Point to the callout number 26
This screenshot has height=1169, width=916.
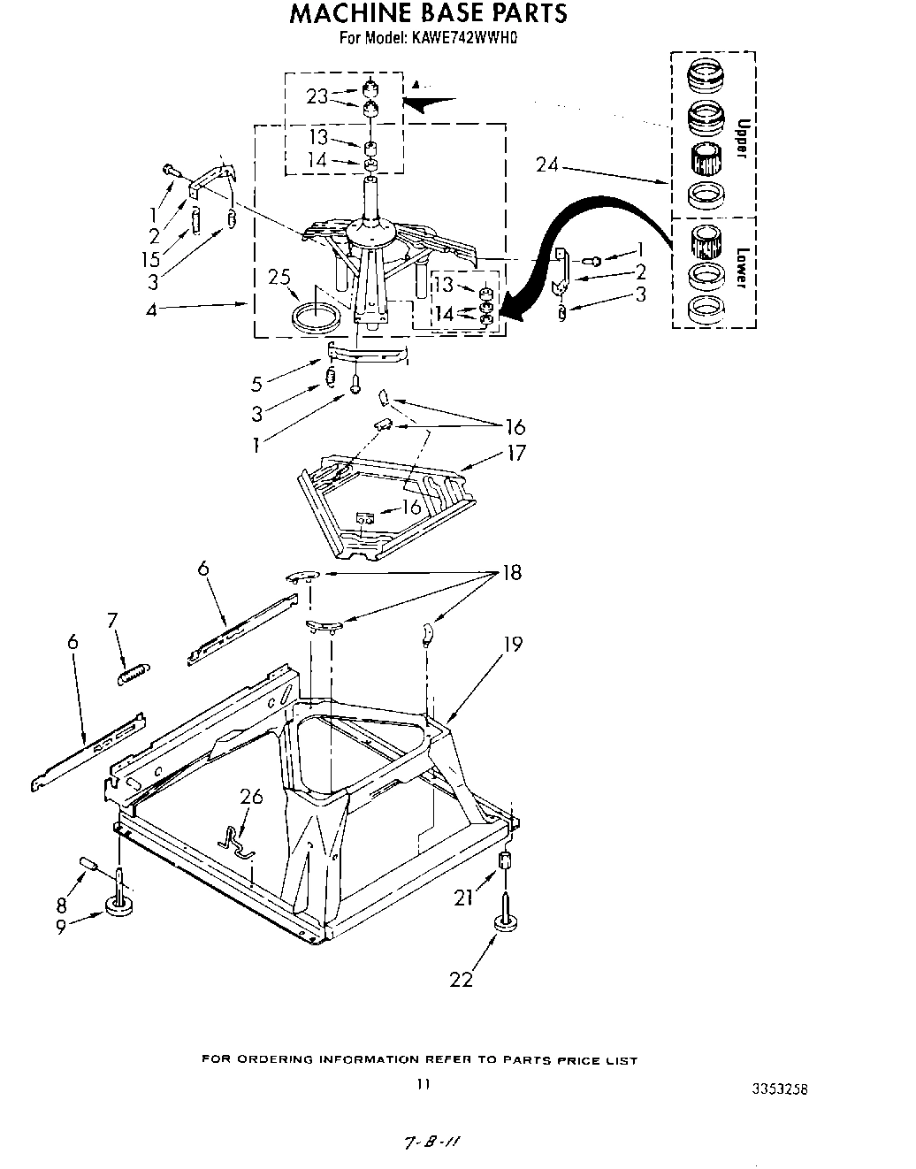(252, 797)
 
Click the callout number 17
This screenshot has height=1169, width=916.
(515, 453)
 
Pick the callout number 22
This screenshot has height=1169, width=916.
(462, 978)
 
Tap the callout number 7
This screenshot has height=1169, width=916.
(113, 621)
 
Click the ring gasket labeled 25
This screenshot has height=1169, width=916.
(314, 317)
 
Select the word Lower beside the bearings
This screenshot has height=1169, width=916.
(742, 266)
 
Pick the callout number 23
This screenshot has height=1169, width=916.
(317, 96)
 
